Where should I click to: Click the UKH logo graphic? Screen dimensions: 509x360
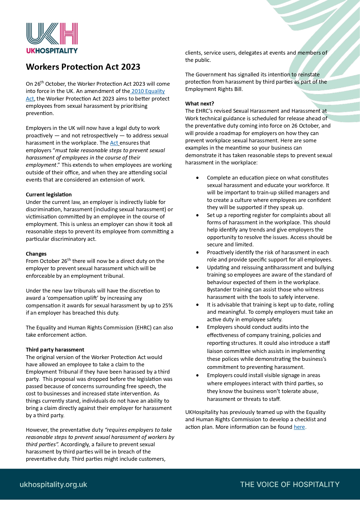(52, 34)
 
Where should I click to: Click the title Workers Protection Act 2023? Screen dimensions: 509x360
(83, 67)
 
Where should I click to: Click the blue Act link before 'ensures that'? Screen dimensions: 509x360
(114, 143)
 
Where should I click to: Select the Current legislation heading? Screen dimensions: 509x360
(49, 195)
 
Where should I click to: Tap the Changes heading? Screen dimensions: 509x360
(36, 254)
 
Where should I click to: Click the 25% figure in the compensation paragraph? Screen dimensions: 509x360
(168, 306)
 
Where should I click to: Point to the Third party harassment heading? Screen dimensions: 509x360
(55, 350)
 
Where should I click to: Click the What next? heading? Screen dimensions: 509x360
(200, 104)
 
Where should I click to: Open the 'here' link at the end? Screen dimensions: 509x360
(299, 427)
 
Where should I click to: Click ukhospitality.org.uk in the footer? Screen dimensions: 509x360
(53, 485)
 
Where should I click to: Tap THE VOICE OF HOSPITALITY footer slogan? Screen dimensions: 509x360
(290, 485)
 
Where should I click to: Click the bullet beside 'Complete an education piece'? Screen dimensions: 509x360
(198, 178)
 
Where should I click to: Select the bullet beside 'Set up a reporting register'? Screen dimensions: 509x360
(198, 215)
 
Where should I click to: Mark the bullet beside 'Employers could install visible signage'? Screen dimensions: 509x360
(198, 375)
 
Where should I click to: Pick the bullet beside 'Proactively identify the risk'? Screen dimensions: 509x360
(198, 252)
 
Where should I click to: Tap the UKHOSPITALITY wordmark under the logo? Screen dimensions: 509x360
(52, 51)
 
